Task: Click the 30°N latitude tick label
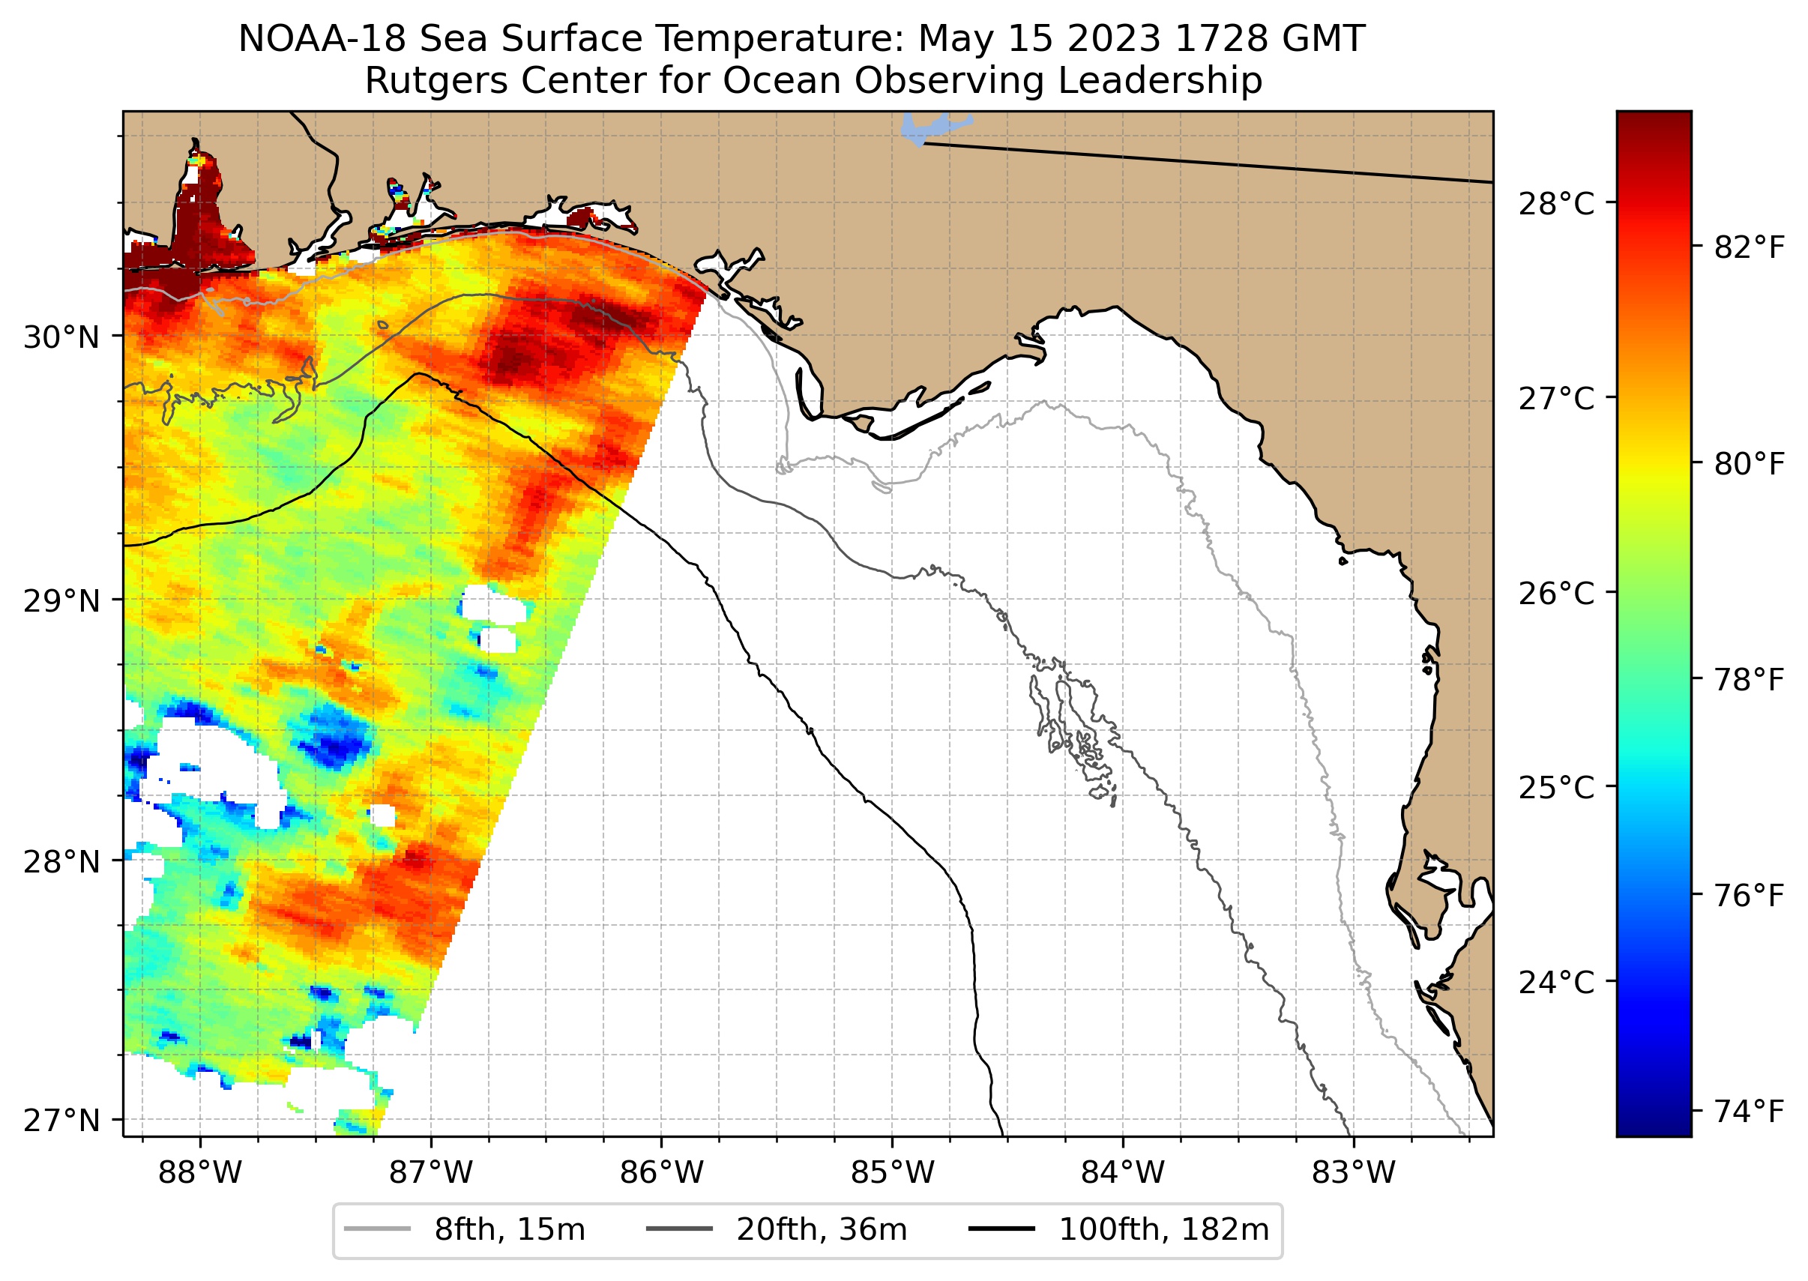[61, 337]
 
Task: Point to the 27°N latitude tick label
[61, 1120]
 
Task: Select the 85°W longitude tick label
[892, 1173]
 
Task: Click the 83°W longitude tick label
[1354, 1173]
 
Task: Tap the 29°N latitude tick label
[61, 602]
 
